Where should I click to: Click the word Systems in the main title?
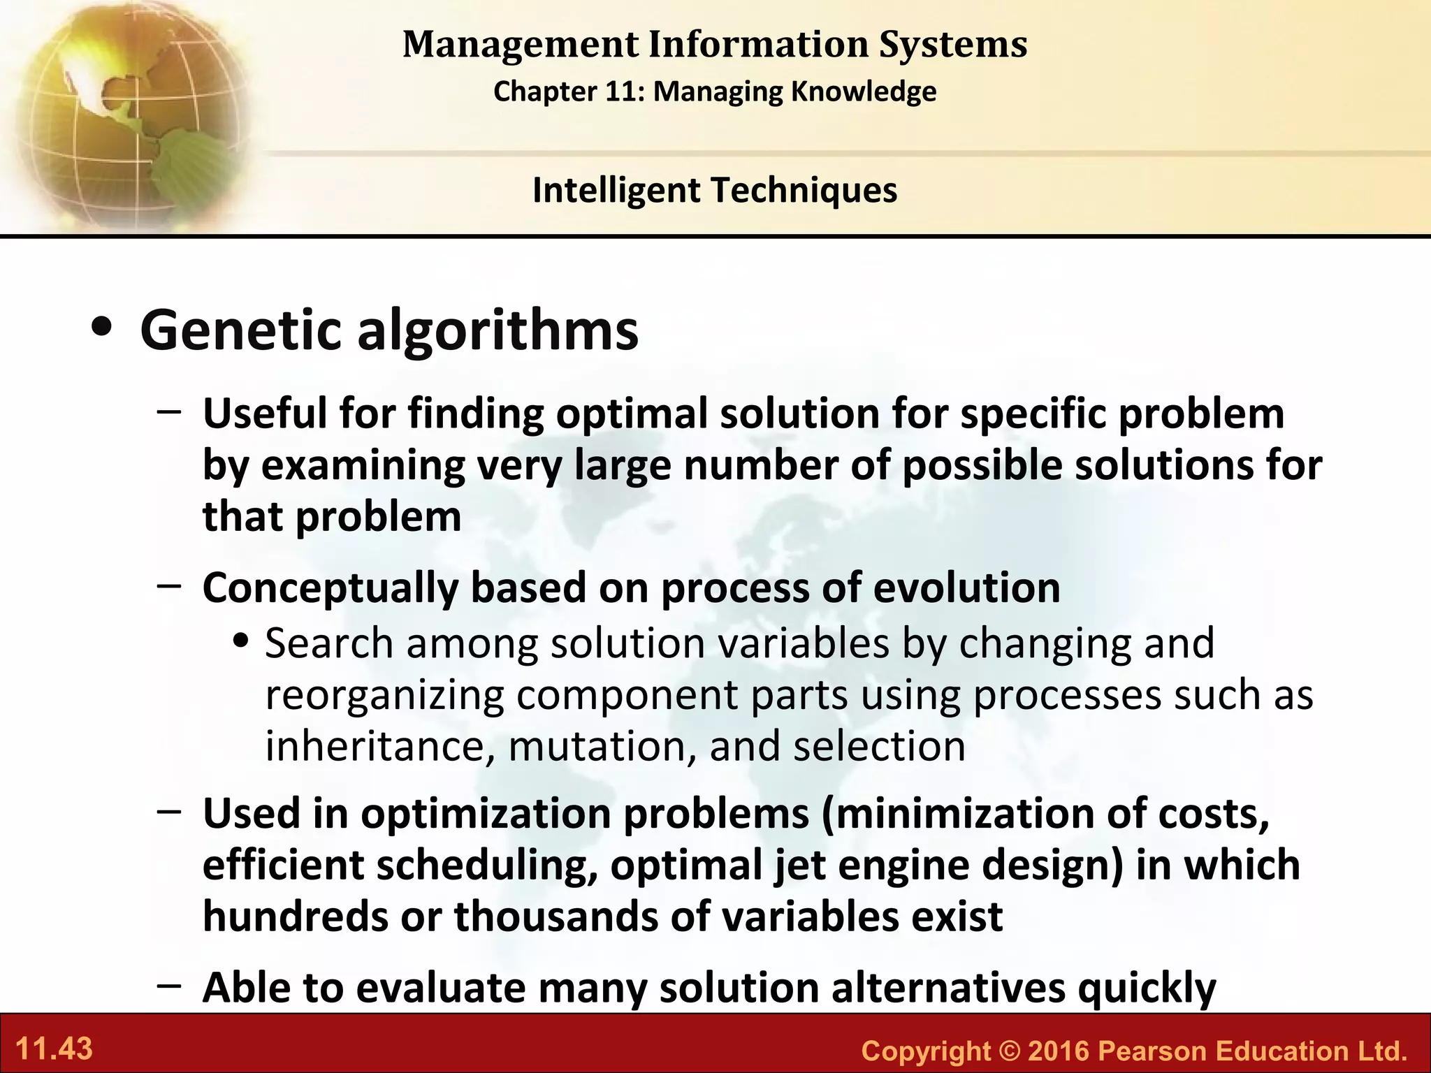pyautogui.click(x=952, y=44)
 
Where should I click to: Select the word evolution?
pyautogui.click(x=966, y=587)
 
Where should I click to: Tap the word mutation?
pyautogui.click(x=601, y=746)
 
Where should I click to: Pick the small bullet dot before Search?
pyautogui.click(x=242, y=641)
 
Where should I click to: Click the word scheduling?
pyautogui.click(x=487, y=865)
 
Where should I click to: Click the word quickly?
pyautogui.click(x=1147, y=988)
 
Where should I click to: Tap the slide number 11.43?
pyautogui.click(x=54, y=1049)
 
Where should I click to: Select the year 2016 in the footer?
pyautogui.click(x=1059, y=1051)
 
